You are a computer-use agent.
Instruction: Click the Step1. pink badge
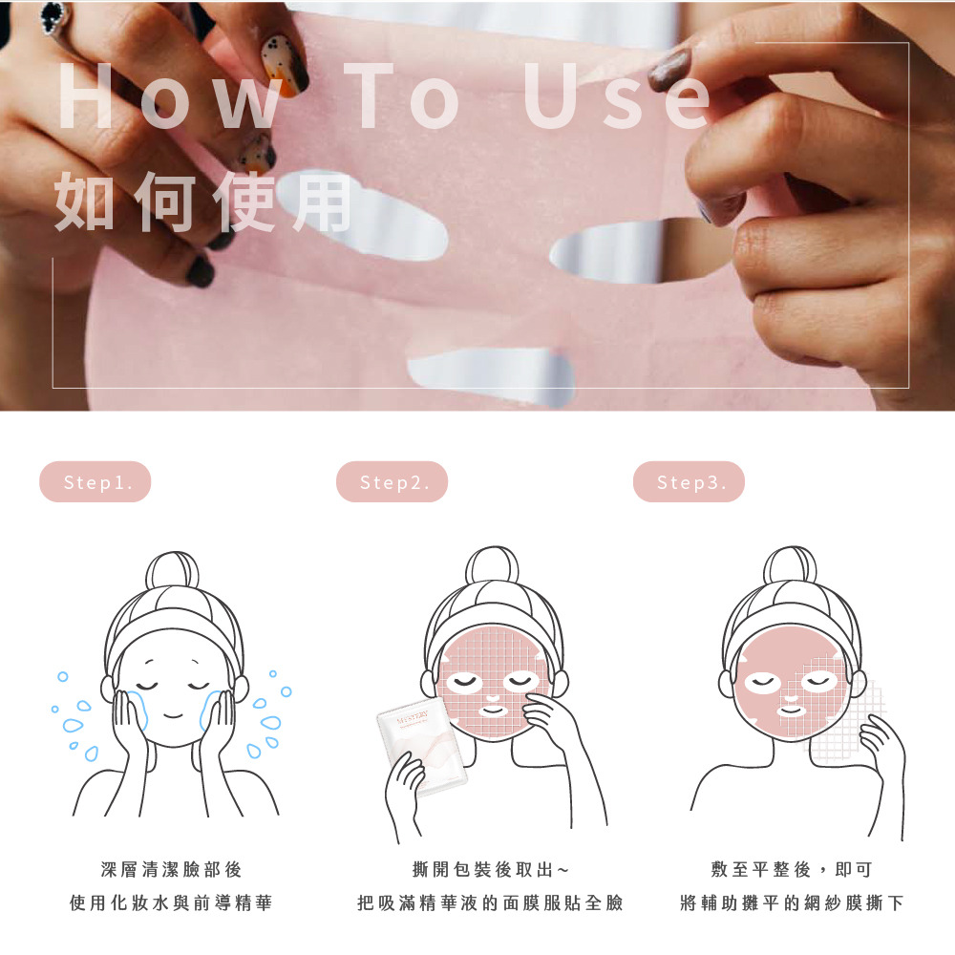(95, 481)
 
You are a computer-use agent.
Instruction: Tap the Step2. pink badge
(392, 481)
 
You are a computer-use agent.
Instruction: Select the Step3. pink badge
(689, 481)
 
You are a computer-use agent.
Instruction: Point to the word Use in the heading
(616, 96)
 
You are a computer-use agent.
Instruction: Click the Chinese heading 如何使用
(203, 202)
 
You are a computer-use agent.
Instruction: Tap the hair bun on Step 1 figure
(172, 570)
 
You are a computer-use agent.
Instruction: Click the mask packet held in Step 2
(422, 750)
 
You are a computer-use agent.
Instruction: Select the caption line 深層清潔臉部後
(171, 869)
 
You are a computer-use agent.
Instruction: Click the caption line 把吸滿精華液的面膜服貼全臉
(490, 902)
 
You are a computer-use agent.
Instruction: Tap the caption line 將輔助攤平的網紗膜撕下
(792, 902)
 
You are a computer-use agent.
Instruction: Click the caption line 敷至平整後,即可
(792, 869)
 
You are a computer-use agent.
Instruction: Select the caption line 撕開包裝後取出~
(490, 869)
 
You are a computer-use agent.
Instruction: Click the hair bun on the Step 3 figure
(790, 565)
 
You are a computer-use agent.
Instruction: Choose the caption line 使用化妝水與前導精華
(171, 902)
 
